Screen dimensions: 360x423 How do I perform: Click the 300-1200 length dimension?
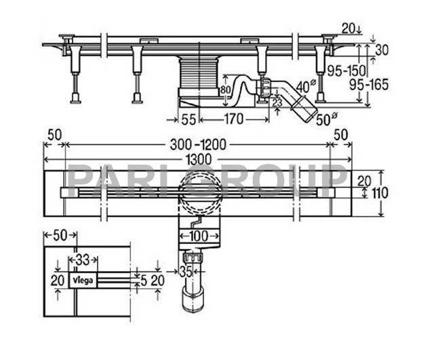(x=198, y=146)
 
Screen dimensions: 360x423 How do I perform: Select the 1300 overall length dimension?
(x=198, y=159)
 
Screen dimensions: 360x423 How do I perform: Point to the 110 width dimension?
(x=380, y=193)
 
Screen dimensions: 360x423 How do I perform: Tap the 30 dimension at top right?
(x=382, y=49)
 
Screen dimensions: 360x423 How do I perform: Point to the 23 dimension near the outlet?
(x=277, y=102)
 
